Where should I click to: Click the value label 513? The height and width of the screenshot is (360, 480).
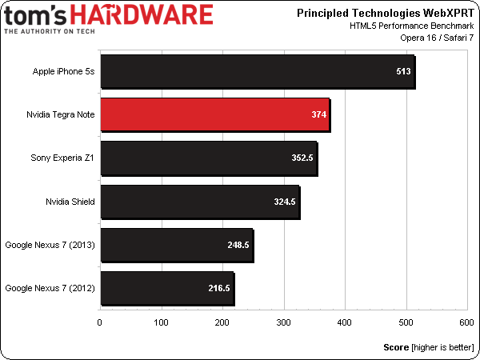click(403, 72)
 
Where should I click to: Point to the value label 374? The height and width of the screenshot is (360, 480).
click(319, 115)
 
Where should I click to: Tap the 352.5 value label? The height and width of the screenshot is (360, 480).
click(302, 158)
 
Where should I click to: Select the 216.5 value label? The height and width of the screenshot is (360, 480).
click(218, 288)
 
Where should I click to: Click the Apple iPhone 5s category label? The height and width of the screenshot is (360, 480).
click(64, 72)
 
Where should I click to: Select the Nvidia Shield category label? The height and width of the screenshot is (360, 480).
click(70, 202)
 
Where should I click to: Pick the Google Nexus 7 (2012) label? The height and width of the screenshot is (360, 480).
click(50, 288)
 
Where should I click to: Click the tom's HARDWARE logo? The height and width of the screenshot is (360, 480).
click(109, 18)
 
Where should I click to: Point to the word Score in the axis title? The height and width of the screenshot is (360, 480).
click(396, 348)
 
